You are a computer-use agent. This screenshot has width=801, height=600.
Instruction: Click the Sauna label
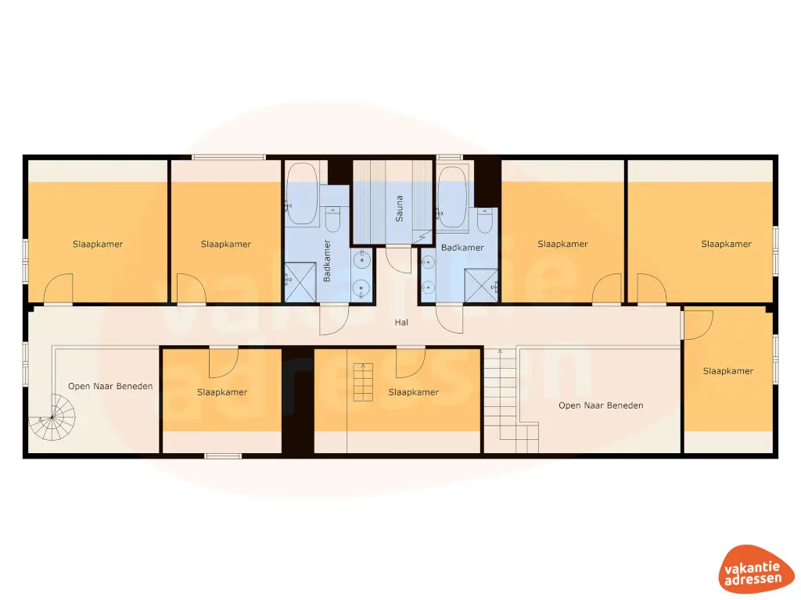pos(399,208)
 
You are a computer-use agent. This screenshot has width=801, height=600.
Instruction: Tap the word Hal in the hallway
pos(401,322)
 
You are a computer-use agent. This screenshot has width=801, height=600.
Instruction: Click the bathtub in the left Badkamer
pos(302,191)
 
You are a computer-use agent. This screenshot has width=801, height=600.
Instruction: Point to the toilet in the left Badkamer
pos(332,220)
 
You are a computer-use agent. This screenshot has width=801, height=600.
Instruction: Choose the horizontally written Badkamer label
pos(462,248)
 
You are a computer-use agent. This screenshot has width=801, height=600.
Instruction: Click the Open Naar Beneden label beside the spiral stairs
pos(110,386)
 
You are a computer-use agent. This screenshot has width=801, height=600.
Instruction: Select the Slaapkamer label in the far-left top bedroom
pos(98,245)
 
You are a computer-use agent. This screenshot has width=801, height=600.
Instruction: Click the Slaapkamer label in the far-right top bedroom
pos(726,245)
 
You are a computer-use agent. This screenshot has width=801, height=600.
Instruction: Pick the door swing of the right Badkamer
pos(447,319)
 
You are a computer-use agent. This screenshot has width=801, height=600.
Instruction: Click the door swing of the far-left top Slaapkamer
pos(59,287)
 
